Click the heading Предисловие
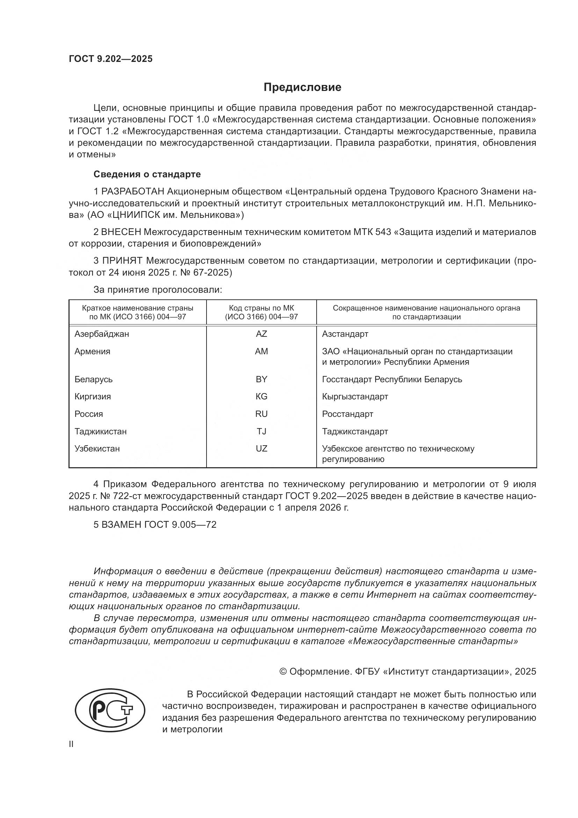302,87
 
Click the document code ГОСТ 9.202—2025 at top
111,59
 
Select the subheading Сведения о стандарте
147,174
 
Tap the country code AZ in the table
261,334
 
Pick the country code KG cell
261,397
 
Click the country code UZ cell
261,449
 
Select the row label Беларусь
93,379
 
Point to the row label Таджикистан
100,432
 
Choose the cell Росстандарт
347,414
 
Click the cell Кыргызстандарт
355,397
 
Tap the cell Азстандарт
345,334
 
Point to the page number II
71,744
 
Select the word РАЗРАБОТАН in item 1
133,192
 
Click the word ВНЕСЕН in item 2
121,232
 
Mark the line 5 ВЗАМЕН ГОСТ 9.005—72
155,525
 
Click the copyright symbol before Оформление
283,671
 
